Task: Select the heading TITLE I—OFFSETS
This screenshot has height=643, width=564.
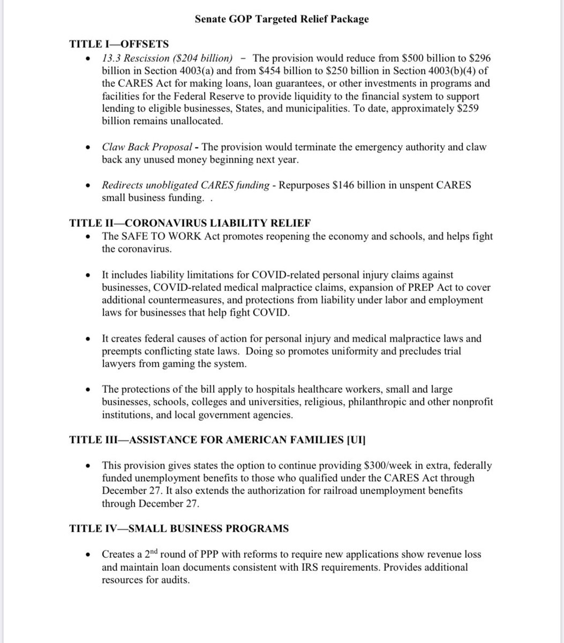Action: [x=119, y=44]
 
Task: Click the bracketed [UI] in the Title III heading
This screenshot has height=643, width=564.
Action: [x=356, y=440]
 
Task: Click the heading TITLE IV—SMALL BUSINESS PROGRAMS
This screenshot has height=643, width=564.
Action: [x=179, y=529]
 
